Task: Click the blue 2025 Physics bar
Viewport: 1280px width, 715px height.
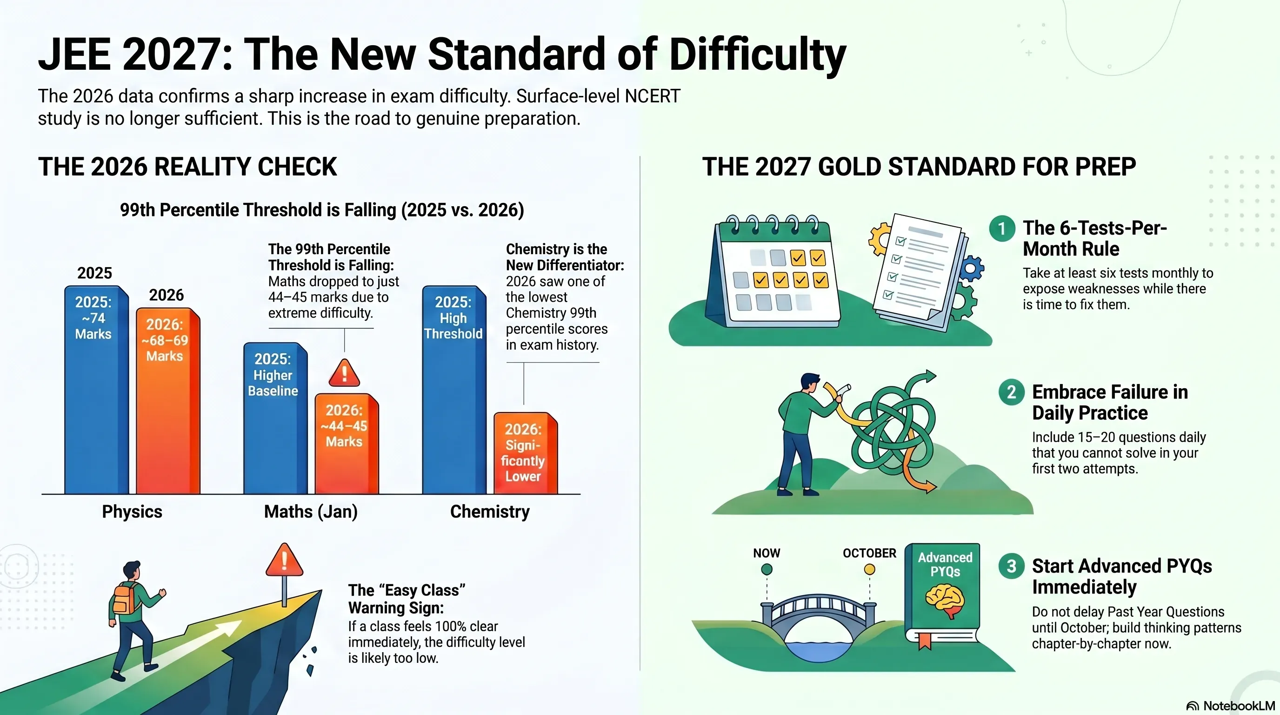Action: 96,390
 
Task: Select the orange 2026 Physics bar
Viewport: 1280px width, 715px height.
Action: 168,401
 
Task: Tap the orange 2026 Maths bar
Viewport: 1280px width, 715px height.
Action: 347,444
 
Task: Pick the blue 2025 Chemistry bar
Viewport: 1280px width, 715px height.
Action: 454,390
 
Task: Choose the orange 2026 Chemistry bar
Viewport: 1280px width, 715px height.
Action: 526,453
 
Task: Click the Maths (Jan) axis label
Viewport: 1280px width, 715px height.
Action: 311,512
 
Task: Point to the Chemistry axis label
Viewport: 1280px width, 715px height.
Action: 490,512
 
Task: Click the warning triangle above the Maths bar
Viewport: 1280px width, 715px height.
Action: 344,373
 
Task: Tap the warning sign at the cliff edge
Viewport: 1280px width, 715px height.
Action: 284,560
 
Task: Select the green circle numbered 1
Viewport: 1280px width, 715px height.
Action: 1002,229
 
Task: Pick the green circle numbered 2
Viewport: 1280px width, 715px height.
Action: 1011,392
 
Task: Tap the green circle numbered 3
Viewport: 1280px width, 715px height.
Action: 1011,567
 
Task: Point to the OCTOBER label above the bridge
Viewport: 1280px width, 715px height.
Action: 870,553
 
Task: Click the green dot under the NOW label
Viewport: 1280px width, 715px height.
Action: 767,569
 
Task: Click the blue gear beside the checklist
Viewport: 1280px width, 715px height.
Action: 972,269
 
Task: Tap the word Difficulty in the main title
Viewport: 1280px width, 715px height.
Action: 758,54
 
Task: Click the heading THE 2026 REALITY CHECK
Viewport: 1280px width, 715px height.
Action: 188,167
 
